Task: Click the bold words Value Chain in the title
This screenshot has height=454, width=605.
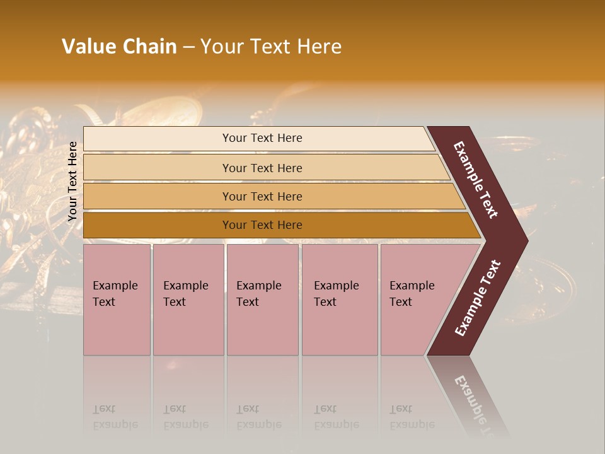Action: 119,47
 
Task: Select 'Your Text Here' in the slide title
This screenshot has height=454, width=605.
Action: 271,47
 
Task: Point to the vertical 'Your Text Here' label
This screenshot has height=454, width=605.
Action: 72,181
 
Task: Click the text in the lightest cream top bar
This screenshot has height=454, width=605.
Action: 262,138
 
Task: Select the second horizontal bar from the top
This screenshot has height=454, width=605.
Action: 262,168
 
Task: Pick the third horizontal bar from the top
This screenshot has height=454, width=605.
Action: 262,196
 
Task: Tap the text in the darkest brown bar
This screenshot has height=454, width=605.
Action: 262,225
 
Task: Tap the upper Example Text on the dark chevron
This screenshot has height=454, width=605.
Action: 476,180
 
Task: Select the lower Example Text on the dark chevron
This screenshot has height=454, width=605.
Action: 478,298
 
